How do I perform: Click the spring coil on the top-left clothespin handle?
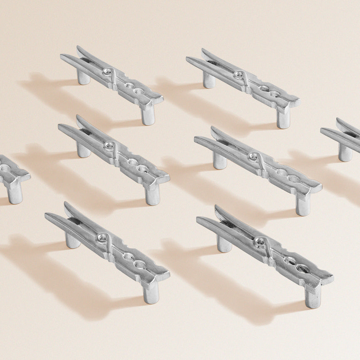pyautogui.click(x=108, y=72)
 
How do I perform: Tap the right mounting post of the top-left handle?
pyautogui.click(x=148, y=115)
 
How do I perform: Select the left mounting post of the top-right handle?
pyautogui.click(x=209, y=80)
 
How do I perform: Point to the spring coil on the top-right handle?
pyautogui.click(x=239, y=75)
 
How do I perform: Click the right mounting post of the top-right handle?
pyautogui.click(x=284, y=119)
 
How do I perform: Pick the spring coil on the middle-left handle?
pyautogui.click(x=109, y=145)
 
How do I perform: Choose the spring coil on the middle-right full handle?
pyautogui.click(x=253, y=157)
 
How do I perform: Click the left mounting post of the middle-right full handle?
pyautogui.click(x=219, y=160)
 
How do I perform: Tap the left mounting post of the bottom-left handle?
pyautogui.click(x=73, y=241)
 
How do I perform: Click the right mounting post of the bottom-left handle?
pyautogui.click(x=151, y=293)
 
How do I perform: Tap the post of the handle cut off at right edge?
pyautogui.click(x=345, y=153)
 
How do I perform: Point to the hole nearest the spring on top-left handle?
pyautogui.click(x=130, y=86)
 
